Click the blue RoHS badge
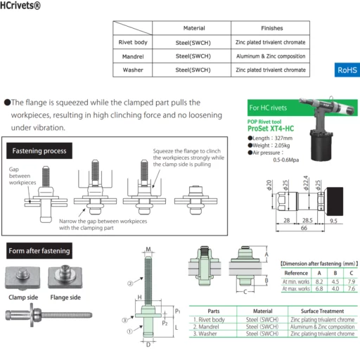coord(347,70)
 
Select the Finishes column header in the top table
coord(272,28)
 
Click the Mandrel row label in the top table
coord(133,56)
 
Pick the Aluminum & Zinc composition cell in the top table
coord(271,56)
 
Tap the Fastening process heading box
coord(39,150)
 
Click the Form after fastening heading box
coord(39,251)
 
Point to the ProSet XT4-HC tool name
coord(271,129)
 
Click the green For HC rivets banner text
coord(268,108)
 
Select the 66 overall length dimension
coord(304,228)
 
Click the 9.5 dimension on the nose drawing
coord(333,221)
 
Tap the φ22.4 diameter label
coord(306,183)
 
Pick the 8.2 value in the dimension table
coord(319,281)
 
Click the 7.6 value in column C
coord(352,288)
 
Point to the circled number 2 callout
coord(130,283)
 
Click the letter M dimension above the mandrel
coord(148,250)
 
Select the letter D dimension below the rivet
coord(148,345)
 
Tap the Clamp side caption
coord(23,297)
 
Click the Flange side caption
coord(65,297)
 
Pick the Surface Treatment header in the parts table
coord(322,311)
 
